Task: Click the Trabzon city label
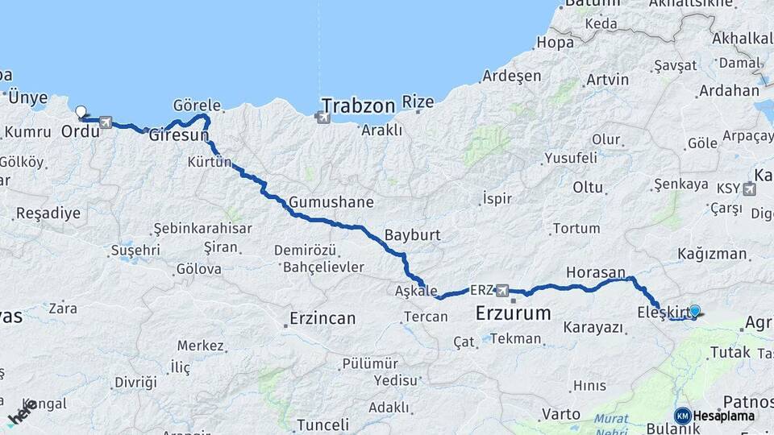358,105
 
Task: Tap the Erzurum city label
513,313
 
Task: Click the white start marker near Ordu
81,112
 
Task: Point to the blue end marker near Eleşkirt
694,310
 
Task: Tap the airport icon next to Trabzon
324,118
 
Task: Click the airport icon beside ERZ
503,289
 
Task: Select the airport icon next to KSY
750,189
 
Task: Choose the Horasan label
596,272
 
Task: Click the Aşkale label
416,291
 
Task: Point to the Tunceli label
322,425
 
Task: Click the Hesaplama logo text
723,416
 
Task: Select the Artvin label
607,80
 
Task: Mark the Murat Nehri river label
611,424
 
